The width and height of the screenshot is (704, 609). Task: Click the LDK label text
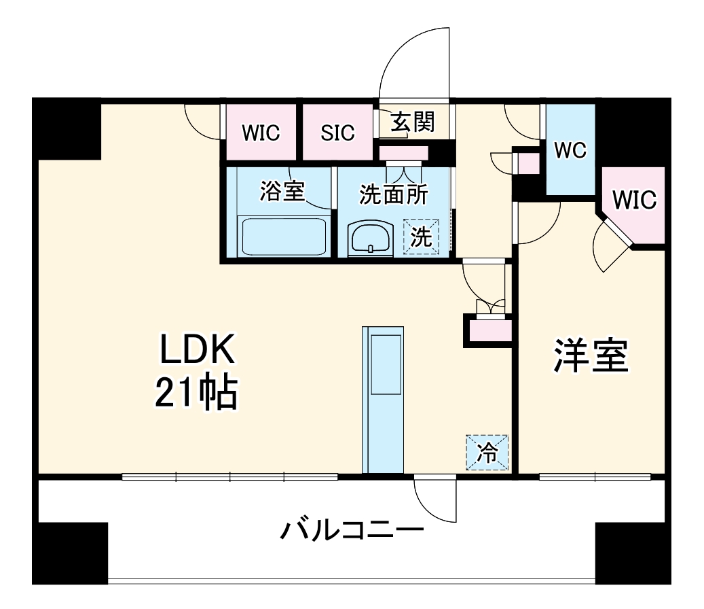196,352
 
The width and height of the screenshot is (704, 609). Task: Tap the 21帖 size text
196,394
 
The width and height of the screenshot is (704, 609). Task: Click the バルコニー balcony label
352,528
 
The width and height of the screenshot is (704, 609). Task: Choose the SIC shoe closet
337,133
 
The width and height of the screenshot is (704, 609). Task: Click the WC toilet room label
570,150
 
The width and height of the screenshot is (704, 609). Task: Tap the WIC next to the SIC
261,133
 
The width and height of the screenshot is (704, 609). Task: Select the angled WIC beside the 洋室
635,201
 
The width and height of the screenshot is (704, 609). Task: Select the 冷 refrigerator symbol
487,452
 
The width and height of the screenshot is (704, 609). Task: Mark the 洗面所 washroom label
393,194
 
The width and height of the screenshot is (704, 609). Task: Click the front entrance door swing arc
407,58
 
